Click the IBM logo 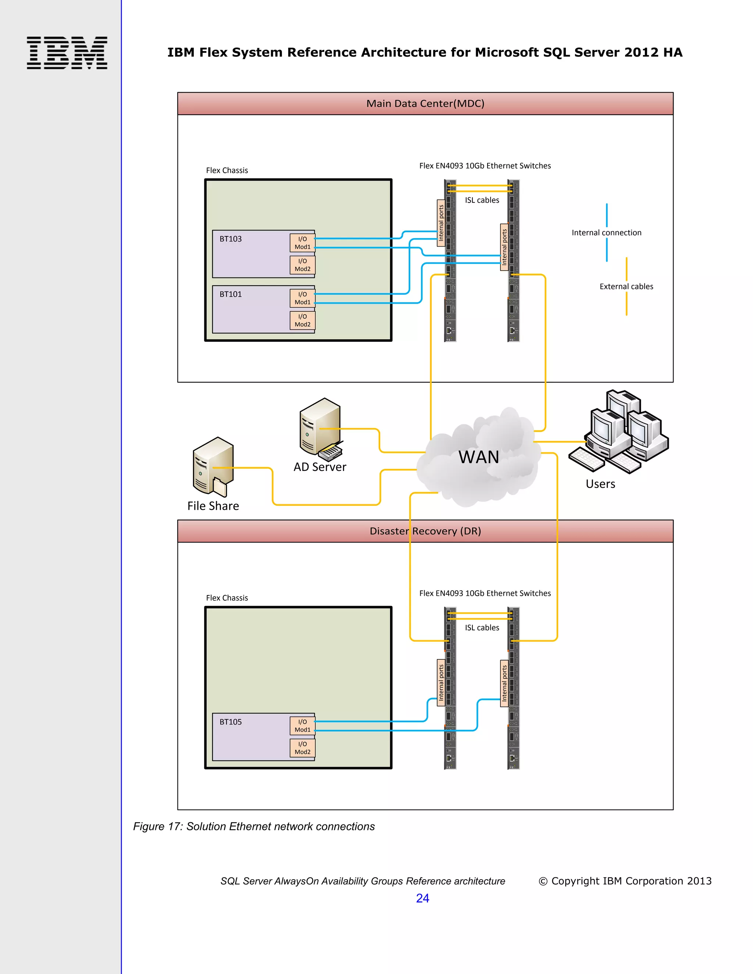(x=67, y=53)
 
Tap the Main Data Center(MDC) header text (x=425, y=104)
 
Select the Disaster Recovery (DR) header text (x=425, y=531)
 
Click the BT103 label (x=230, y=239)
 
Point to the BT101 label (x=230, y=294)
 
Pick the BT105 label (x=230, y=721)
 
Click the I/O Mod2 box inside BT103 (x=303, y=265)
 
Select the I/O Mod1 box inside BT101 (x=303, y=298)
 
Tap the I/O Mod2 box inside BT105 (x=303, y=748)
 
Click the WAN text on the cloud (x=478, y=457)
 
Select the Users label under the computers (x=600, y=484)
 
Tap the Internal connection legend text (x=606, y=233)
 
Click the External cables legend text (x=626, y=286)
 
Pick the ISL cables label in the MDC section (x=482, y=200)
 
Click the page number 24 (x=422, y=898)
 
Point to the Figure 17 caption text (x=254, y=826)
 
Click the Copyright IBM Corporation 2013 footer (x=625, y=881)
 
